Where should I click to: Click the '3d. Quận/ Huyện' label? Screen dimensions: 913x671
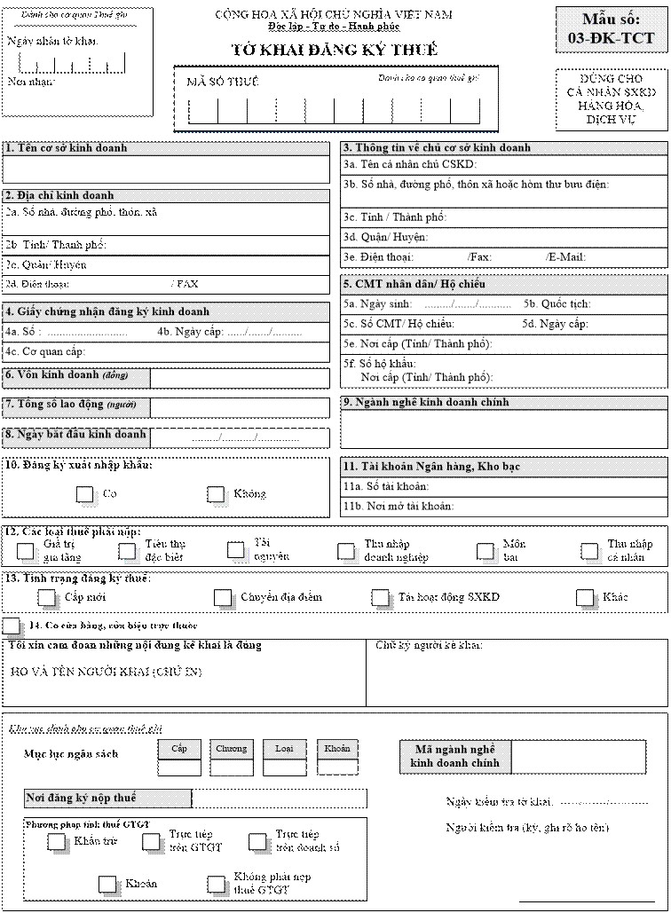coord(386,237)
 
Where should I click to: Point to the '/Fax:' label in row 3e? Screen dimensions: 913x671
coord(480,257)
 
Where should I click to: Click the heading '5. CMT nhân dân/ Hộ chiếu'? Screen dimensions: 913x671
coord(414,285)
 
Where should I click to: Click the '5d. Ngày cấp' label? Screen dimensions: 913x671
coord(555,324)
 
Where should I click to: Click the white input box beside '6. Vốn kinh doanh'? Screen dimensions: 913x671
coord(240,378)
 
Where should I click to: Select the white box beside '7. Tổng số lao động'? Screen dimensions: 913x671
coord(240,407)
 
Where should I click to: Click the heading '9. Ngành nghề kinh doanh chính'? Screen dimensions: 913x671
coord(426,403)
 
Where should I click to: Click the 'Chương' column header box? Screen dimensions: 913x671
coord(232,748)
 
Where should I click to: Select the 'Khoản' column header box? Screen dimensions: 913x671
coord(337,748)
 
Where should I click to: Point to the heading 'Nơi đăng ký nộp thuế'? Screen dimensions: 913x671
coord(82,799)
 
